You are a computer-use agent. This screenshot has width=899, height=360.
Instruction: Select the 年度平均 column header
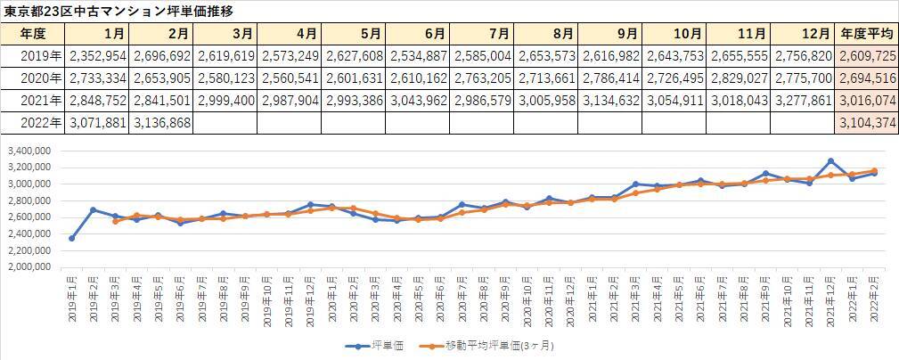[x=866, y=34]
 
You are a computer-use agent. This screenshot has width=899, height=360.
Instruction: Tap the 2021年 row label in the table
[x=33, y=100]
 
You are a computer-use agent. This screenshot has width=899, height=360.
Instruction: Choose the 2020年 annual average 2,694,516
[x=866, y=78]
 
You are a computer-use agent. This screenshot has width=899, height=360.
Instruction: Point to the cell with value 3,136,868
[x=161, y=122]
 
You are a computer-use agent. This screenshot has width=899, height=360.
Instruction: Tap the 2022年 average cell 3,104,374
[x=866, y=122]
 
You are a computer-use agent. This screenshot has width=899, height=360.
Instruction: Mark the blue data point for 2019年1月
[x=72, y=238]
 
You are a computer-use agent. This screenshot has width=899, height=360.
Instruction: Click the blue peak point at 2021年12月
[x=830, y=161]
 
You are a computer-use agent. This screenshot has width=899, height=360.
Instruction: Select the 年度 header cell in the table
[x=33, y=34]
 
